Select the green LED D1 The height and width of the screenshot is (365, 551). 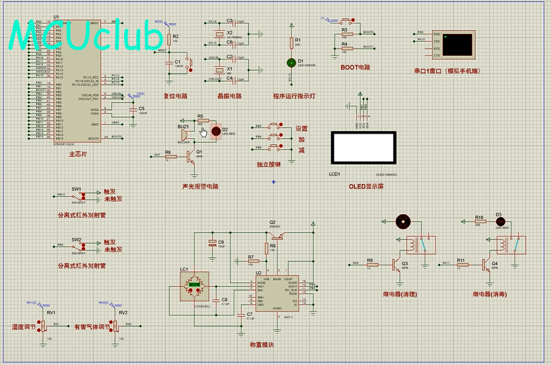tap(291, 63)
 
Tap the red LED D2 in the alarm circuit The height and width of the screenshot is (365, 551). tap(215, 130)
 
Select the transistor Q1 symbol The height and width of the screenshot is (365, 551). tap(191, 155)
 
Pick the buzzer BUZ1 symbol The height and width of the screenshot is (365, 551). tap(183, 137)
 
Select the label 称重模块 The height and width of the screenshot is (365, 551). tap(262, 345)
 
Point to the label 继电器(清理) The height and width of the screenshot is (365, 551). tap(400, 294)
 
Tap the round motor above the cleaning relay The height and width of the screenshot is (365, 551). tap(403, 222)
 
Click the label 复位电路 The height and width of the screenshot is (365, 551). tap(175, 96)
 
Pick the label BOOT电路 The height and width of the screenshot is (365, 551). tap(356, 67)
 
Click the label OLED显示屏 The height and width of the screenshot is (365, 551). tap(366, 186)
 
